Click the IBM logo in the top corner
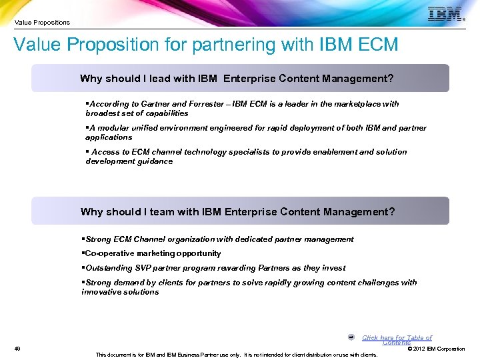445,14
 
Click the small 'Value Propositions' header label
42,23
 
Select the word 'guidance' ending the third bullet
155,161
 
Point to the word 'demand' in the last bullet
127,283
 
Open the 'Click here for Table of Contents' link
397,339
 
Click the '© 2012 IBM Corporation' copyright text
435,349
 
